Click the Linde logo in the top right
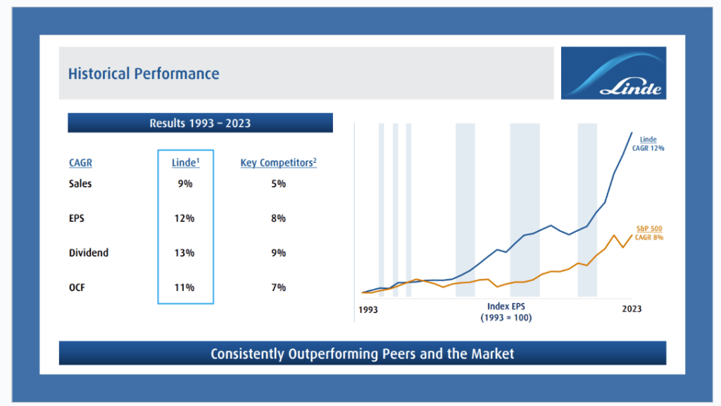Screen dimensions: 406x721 (x=613, y=73)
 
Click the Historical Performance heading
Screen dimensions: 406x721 (x=144, y=73)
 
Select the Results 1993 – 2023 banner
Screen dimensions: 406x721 (x=200, y=123)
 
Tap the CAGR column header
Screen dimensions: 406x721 (x=80, y=163)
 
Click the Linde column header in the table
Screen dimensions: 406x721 (x=186, y=163)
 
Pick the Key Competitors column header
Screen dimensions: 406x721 (x=278, y=163)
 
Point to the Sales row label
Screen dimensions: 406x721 (x=80, y=184)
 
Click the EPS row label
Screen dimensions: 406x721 (x=77, y=219)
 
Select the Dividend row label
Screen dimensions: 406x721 (x=89, y=252)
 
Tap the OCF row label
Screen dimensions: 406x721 (x=78, y=288)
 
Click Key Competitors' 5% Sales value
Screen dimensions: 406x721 (x=278, y=184)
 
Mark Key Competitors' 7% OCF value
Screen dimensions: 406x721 (x=278, y=288)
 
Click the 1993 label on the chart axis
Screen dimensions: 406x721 (x=368, y=309)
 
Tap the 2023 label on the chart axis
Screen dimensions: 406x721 (x=631, y=309)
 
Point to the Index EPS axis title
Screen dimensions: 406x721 (x=506, y=312)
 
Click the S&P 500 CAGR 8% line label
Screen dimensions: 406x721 (x=648, y=233)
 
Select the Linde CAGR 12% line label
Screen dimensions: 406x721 (x=648, y=144)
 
